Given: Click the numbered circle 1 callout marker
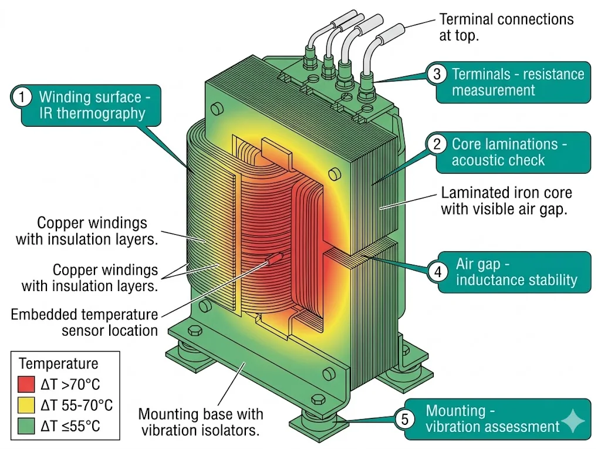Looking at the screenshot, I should tap(22, 97).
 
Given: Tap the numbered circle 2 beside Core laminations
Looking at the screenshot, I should tap(437, 144).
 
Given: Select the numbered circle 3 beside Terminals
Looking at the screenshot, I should tap(437, 74).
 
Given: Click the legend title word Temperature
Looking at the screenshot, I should tap(59, 364).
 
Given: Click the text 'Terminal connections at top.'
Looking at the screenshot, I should tap(506, 27).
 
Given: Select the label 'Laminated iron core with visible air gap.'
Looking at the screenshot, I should tap(506, 201).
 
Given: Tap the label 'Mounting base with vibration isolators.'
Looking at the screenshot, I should tap(200, 422).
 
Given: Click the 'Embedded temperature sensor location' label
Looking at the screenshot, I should tap(85, 322).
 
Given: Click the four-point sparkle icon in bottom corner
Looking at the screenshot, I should tap(573, 421).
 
